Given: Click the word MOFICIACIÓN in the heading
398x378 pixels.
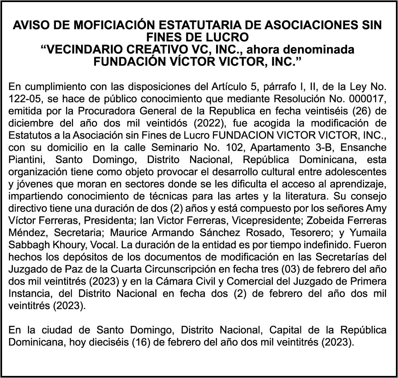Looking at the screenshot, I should pyautogui.click(x=114, y=25).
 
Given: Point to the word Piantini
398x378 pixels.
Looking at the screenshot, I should pyautogui.click(x=24, y=160).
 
